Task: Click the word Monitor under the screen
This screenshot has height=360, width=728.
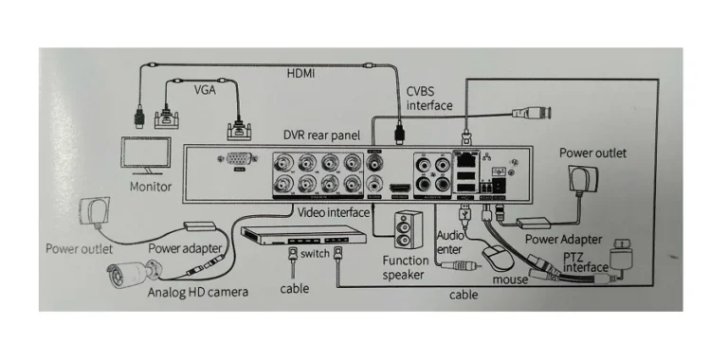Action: coord(150,187)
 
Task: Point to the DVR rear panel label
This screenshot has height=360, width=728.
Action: coord(322,135)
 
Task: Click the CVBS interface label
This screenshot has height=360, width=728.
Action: coord(429,98)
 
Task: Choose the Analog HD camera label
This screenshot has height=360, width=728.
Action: coord(198,293)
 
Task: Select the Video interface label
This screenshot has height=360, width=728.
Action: coord(334,212)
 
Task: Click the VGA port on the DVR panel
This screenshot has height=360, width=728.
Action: coord(239,162)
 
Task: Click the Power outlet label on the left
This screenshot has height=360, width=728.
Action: coord(79,249)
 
